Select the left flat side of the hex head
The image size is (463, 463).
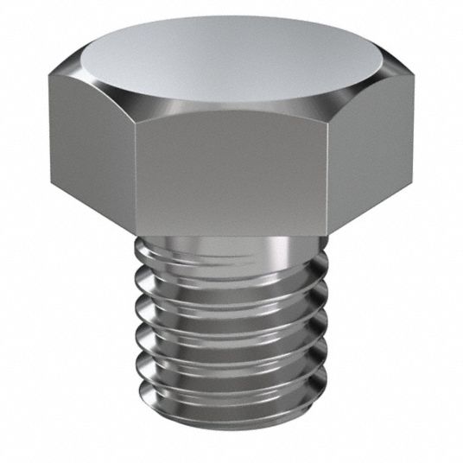[x=91, y=138]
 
